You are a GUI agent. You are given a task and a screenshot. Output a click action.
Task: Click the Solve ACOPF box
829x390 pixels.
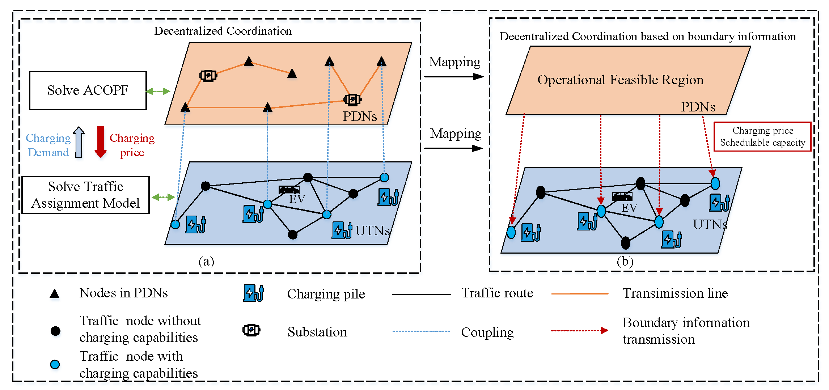point(88,90)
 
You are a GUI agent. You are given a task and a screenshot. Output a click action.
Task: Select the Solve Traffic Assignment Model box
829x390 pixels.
point(85,195)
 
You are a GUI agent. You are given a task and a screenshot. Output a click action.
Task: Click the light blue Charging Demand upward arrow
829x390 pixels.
point(79,142)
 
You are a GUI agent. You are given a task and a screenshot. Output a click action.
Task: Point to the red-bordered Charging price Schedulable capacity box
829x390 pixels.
point(762,137)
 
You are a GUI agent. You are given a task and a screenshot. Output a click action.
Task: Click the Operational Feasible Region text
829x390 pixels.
point(620,80)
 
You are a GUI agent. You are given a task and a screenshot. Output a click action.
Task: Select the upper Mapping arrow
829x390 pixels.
point(454,76)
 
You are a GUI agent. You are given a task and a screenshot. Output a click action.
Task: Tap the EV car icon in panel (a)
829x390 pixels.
point(289,190)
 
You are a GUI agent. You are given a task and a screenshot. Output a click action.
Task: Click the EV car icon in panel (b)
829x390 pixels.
point(622,196)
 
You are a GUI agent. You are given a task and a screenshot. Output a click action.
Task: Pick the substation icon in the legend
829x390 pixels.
point(251,330)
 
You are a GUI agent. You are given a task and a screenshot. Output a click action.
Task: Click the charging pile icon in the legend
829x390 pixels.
point(253,293)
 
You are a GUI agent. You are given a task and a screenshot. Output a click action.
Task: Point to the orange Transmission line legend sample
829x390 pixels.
point(580,294)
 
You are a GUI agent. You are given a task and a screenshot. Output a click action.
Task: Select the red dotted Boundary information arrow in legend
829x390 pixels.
point(579,330)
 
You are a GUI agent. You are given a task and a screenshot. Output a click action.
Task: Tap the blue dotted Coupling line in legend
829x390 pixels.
point(421,331)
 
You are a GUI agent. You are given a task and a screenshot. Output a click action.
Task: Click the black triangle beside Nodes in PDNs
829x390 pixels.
point(54,294)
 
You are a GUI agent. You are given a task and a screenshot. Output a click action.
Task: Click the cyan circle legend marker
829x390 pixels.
point(55,364)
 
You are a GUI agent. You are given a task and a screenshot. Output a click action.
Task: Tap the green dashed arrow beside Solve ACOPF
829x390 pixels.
point(158,91)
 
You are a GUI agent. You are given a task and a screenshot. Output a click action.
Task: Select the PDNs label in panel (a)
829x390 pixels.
point(359,116)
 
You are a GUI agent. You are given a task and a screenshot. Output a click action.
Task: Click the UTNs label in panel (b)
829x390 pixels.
point(710,225)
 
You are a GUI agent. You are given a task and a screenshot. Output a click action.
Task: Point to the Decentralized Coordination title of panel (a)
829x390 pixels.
point(223,31)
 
